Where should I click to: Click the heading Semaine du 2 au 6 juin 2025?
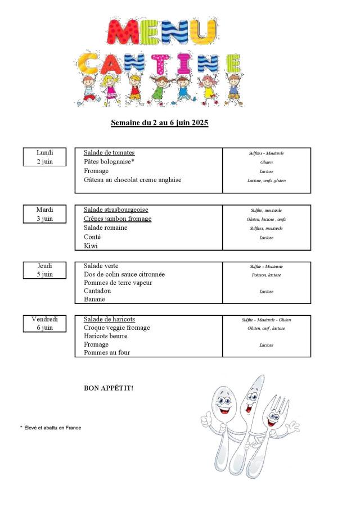point(160,123)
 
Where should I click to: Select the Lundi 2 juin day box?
point(44,157)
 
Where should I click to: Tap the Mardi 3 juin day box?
point(44,214)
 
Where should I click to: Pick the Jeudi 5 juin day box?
point(44,270)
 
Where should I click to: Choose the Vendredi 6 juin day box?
point(44,323)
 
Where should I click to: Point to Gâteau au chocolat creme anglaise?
point(133,180)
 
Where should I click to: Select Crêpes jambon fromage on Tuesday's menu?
point(118,219)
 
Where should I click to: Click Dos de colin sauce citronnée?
point(124,274)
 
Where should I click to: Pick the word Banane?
point(94,300)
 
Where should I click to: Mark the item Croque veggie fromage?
point(117,328)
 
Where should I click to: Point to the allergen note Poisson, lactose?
point(266,275)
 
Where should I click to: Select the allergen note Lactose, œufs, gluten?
point(266,180)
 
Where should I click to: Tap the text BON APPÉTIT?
point(109,388)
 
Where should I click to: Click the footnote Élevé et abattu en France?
point(52,428)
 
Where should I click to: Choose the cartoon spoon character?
point(223,416)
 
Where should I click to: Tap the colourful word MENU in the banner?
point(161,32)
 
